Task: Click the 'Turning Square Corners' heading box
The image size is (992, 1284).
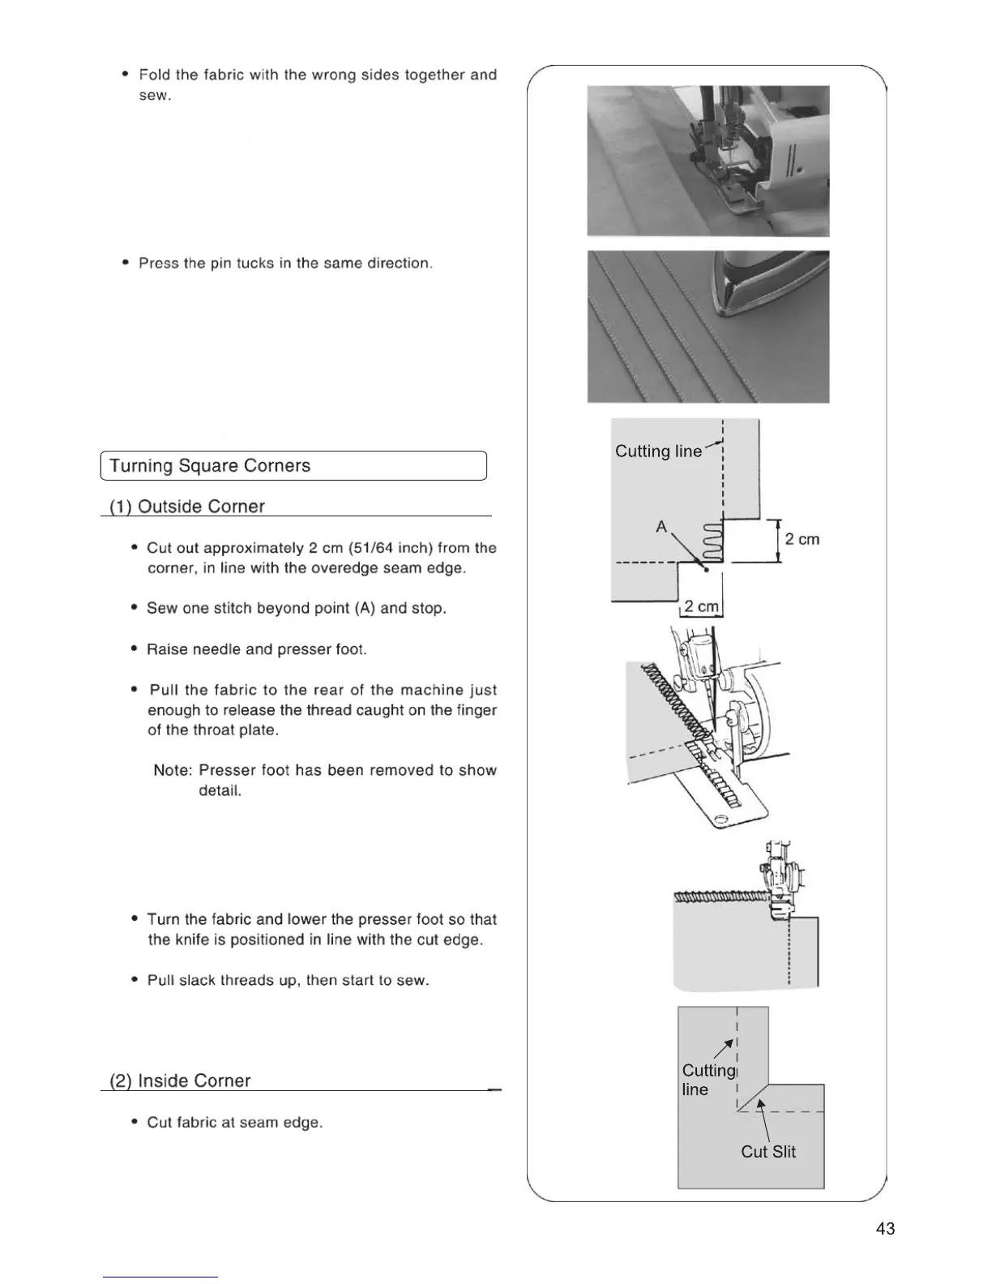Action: tap(292, 466)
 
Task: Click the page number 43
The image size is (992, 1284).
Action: tap(885, 1229)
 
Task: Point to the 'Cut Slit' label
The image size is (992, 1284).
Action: tap(768, 1152)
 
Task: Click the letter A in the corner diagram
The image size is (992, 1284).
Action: tap(661, 527)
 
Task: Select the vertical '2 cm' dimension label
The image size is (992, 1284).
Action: tap(802, 540)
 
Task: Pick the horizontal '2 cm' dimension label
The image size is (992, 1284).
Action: tap(700, 607)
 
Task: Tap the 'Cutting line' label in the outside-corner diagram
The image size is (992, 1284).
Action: tap(658, 452)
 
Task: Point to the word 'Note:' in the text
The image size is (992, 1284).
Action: tap(173, 770)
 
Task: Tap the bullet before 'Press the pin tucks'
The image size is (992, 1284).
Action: tap(126, 263)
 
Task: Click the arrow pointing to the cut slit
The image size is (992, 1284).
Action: tap(763, 1119)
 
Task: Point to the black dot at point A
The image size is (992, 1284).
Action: tap(708, 570)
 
